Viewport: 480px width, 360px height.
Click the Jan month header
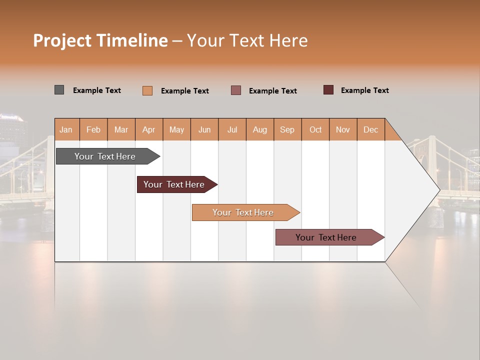point(66,129)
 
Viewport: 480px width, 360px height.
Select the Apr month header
point(149,129)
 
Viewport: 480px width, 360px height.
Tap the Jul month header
point(232,129)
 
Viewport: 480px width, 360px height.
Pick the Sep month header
point(287,129)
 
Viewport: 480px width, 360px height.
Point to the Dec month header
point(370,129)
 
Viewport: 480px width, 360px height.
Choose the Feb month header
point(93,129)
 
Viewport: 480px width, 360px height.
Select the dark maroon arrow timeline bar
point(175,184)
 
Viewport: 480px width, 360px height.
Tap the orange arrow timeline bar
point(243,212)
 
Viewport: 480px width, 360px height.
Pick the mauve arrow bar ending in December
point(327,237)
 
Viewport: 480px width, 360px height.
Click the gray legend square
point(59,90)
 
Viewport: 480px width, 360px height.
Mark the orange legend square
point(147,90)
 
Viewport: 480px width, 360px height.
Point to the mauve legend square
point(236,90)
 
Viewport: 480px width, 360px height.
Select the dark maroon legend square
point(328,90)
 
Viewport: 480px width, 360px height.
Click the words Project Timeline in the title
point(100,40)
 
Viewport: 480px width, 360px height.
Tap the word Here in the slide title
point(288,40)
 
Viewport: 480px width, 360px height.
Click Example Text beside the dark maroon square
point(364,90)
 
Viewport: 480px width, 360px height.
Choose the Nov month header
point(343,129)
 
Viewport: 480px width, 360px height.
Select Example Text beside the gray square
point(96,90)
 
